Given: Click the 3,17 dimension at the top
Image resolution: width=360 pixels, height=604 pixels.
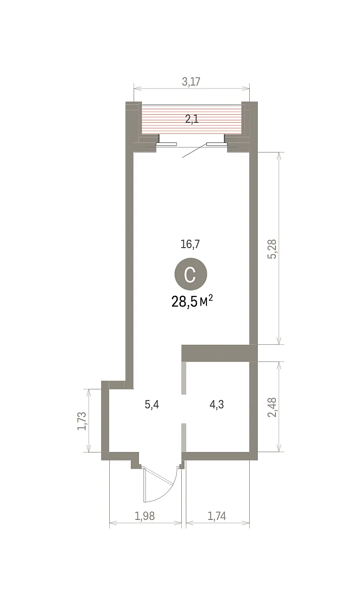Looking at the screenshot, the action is pos(191,82).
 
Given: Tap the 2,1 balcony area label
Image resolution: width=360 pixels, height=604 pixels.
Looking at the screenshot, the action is pos(192,119).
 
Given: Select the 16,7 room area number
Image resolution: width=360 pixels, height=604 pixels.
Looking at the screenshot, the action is pos(190,244).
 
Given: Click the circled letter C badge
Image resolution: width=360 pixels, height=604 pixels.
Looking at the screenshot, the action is pos(191,273).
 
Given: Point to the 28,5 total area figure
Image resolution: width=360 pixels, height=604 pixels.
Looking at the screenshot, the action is pos(184,301).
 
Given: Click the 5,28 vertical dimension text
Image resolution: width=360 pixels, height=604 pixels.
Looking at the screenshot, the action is pos(272,249).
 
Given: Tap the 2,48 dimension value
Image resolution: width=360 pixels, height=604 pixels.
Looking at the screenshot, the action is pos(272,407).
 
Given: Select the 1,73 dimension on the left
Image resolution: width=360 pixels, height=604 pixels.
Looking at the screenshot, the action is pos(82,421).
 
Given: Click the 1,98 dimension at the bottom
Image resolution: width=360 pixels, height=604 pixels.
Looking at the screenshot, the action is pos(145,516).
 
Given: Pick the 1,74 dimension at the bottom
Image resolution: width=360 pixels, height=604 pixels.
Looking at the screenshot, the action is pos(217,516).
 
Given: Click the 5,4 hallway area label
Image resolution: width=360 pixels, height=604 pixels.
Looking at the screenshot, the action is pos(152,405).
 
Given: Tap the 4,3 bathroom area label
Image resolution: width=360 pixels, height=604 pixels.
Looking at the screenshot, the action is pos(217,405).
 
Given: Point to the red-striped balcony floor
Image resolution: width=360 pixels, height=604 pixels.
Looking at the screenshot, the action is pos(192,119).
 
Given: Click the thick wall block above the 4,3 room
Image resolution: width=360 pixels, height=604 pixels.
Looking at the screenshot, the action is pos(219,353).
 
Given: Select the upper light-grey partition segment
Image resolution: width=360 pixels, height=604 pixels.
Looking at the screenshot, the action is pos(184,378).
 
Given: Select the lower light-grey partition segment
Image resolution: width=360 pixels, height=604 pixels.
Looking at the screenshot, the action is pos(184,437).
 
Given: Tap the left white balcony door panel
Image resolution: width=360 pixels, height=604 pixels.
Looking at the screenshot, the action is pos(167,144).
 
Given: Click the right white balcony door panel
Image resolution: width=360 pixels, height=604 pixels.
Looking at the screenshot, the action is pos(217,144).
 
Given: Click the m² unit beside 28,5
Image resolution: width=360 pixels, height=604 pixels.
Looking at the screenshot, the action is pos(206,301).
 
